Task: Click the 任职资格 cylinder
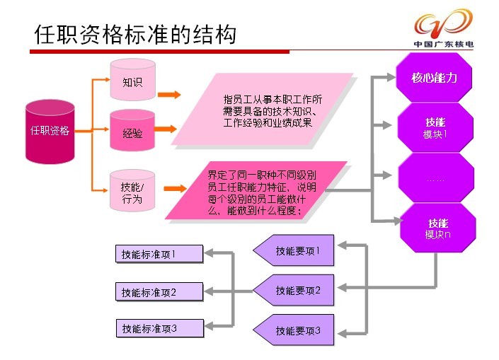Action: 50,132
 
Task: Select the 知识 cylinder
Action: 132,79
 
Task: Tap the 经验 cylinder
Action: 132,130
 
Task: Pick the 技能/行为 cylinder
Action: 132,190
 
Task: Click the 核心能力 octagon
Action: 434,77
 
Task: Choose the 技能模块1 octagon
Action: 435,127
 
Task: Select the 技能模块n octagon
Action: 437,228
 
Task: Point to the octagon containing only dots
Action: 436,178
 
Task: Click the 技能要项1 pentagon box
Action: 294,250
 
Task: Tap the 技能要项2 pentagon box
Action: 294,290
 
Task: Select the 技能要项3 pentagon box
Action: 294,330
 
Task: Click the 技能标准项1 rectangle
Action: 159,254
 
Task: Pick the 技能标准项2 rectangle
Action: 159,291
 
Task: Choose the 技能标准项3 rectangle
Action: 160,328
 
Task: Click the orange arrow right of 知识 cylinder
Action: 169,95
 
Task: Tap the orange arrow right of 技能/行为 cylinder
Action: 175,188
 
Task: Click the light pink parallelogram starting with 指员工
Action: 263,109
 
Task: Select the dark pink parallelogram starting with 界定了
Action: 256,190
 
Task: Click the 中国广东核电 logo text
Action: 444,45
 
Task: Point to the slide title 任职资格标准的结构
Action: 135,34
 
